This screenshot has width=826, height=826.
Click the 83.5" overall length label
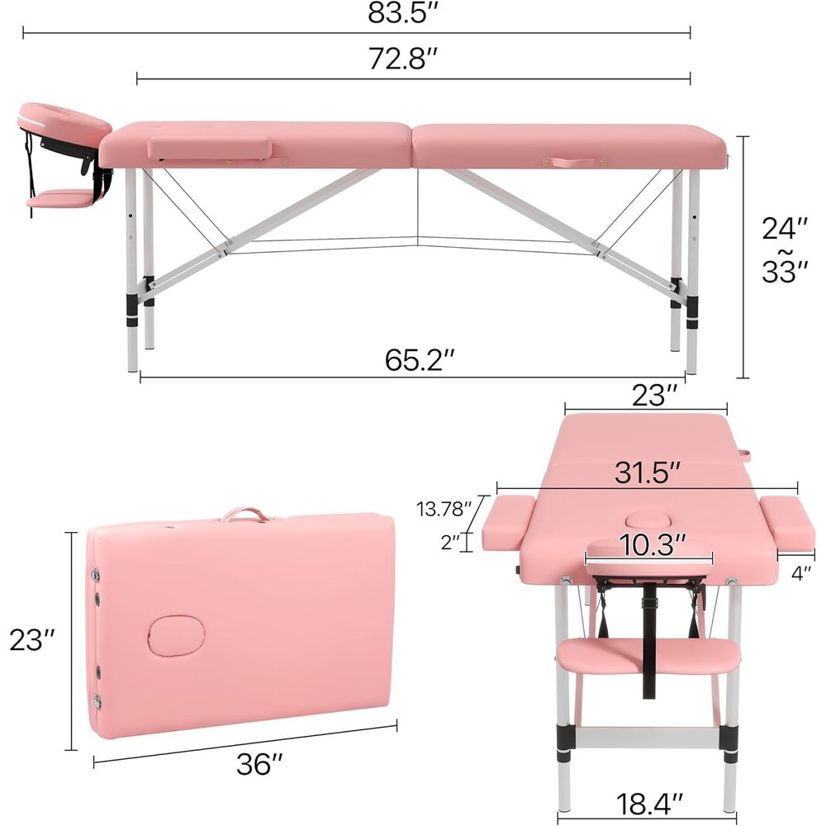click(x=403, y=13)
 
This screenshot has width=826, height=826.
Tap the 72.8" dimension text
click(x=403, y=58)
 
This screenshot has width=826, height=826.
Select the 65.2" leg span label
click(x=420, y=360)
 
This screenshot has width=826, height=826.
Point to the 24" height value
click(x=785, y=228)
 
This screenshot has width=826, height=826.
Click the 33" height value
click(x=785, y=272)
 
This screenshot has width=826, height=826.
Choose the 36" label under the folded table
click(x=259, y=764)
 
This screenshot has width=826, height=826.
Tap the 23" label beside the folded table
click(x=32, y=640)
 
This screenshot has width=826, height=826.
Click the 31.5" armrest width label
click(x=648, y=472)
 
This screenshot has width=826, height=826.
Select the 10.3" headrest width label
click(x=653, y=544)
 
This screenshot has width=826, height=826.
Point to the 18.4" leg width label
click(x=649, y=804)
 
